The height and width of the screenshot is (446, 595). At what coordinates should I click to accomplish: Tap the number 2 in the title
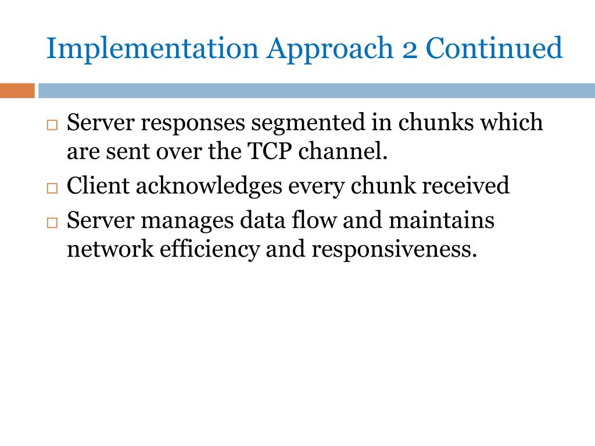[x=410, y=49]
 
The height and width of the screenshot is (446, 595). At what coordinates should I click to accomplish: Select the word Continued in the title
[x=494, y=49]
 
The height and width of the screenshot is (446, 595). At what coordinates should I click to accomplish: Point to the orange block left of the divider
[x=17, y=91]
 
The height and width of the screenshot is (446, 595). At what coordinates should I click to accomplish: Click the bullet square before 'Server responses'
[x=52, y=125]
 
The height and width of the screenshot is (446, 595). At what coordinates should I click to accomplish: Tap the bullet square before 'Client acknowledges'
[x=52, y=188]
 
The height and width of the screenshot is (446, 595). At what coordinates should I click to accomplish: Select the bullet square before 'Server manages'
[x=52, y=222]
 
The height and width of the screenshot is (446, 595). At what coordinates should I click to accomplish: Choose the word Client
[x=97, y=186]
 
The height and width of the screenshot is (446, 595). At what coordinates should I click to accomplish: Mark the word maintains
[x=441, y=221]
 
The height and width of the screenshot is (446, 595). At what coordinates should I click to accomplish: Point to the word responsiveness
[x=395, y=250]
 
